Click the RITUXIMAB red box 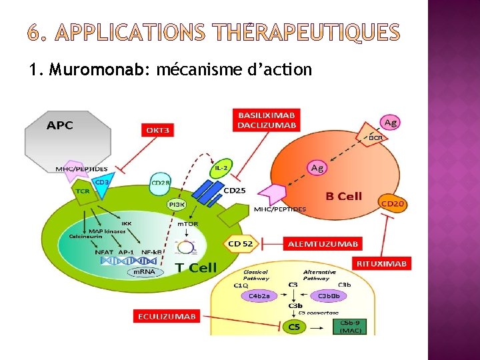(381, 264)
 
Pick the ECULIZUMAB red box (167, 316)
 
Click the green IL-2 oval (222, 169)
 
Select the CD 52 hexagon (241, 244)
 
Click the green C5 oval (293, 327)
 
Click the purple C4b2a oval (259, 295)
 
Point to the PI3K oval (177, 205)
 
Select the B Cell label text (343, 196)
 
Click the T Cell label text (195, 267)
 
